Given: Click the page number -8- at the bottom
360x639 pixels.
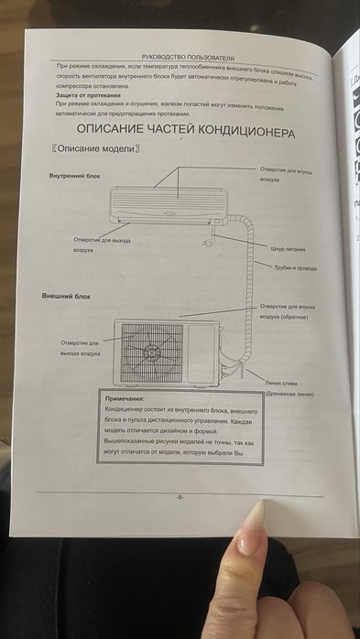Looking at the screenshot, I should tap(180, 497).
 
